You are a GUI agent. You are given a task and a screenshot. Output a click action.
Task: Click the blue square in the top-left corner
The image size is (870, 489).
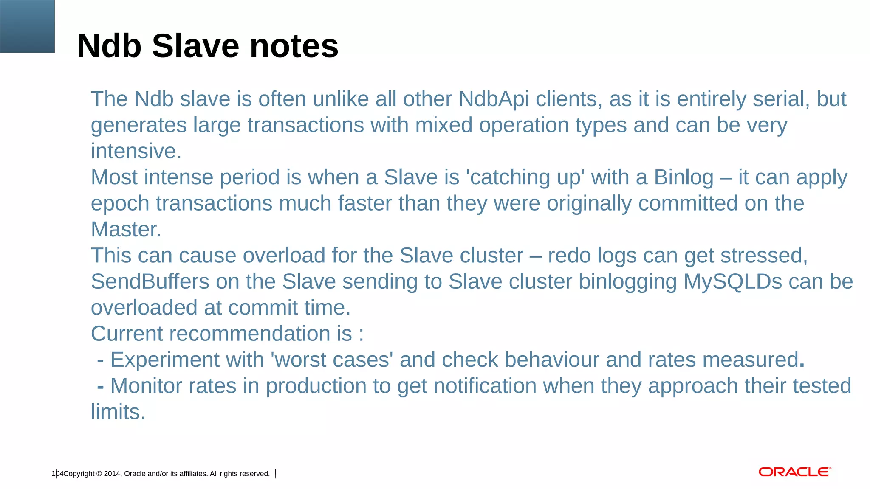click(27, 26)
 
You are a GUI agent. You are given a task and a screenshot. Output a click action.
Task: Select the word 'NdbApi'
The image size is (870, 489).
click(494, 99)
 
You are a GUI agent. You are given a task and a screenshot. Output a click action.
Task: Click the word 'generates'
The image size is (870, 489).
click(139, 126)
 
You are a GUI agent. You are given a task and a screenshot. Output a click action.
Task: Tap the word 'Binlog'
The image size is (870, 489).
click(684, 177)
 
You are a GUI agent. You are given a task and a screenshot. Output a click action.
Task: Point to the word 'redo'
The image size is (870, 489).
click(569, 256)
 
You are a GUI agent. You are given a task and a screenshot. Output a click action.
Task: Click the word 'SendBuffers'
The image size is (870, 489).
click(150, 282)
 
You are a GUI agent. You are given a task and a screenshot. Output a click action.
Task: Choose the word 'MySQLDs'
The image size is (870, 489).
click(732, 282)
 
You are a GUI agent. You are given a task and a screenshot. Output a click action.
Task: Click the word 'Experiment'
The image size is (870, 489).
click(165, 360)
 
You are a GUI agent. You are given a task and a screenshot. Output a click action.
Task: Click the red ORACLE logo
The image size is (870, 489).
click(794, 472)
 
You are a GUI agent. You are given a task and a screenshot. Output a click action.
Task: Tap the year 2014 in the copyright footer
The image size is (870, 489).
click(112, 474)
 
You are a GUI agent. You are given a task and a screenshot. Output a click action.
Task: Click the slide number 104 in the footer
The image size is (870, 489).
click(57, 474)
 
